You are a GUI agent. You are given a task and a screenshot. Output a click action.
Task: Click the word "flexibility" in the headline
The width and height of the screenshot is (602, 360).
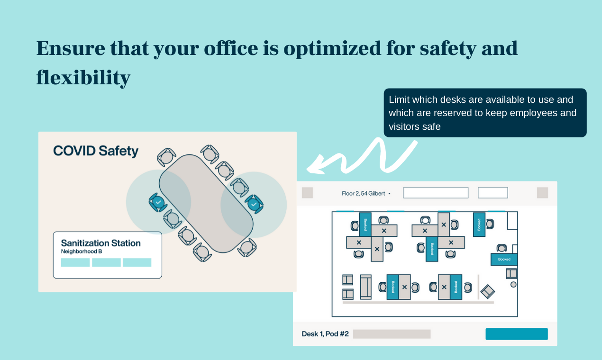[x=83, y=77]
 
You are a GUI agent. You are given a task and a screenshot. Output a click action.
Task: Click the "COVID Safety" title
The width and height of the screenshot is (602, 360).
[x=96, y=151]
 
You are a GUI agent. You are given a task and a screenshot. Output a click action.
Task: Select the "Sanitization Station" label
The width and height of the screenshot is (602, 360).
[x=101, y=243]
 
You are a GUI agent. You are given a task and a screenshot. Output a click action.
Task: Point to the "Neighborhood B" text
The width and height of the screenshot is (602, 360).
[x=82, y=252]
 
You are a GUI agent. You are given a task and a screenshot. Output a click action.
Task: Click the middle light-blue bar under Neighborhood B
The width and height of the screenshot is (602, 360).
[x=106, y=262]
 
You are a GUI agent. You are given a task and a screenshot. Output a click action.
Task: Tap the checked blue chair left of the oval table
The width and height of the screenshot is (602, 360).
[x=158, y=202]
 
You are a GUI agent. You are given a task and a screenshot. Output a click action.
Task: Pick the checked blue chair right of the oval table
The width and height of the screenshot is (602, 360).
[x=254, y=204]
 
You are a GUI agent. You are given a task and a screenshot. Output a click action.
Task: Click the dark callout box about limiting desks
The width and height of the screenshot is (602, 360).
[x=485, y=113]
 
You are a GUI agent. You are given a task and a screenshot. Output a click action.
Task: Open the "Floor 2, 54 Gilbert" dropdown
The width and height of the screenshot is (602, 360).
[x=366, y=193]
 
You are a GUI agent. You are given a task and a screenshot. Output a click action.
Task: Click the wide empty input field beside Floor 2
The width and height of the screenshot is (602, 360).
[x=436, y=193]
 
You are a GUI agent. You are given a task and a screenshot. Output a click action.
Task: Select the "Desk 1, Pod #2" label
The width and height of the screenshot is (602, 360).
[x=325, y=334]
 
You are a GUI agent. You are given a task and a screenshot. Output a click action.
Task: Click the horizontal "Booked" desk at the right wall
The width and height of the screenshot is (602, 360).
[x=504, y=259]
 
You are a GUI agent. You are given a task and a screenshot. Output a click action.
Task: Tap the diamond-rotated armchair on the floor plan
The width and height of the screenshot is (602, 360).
[x=488, y=291]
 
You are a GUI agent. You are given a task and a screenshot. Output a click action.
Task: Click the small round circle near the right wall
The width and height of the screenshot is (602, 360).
[x=513, y=284]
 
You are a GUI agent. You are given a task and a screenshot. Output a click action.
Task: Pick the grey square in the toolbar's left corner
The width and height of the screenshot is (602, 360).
[x=307, y=193]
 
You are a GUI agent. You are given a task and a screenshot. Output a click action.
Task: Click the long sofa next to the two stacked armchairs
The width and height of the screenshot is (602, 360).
[x=365, y=287]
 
